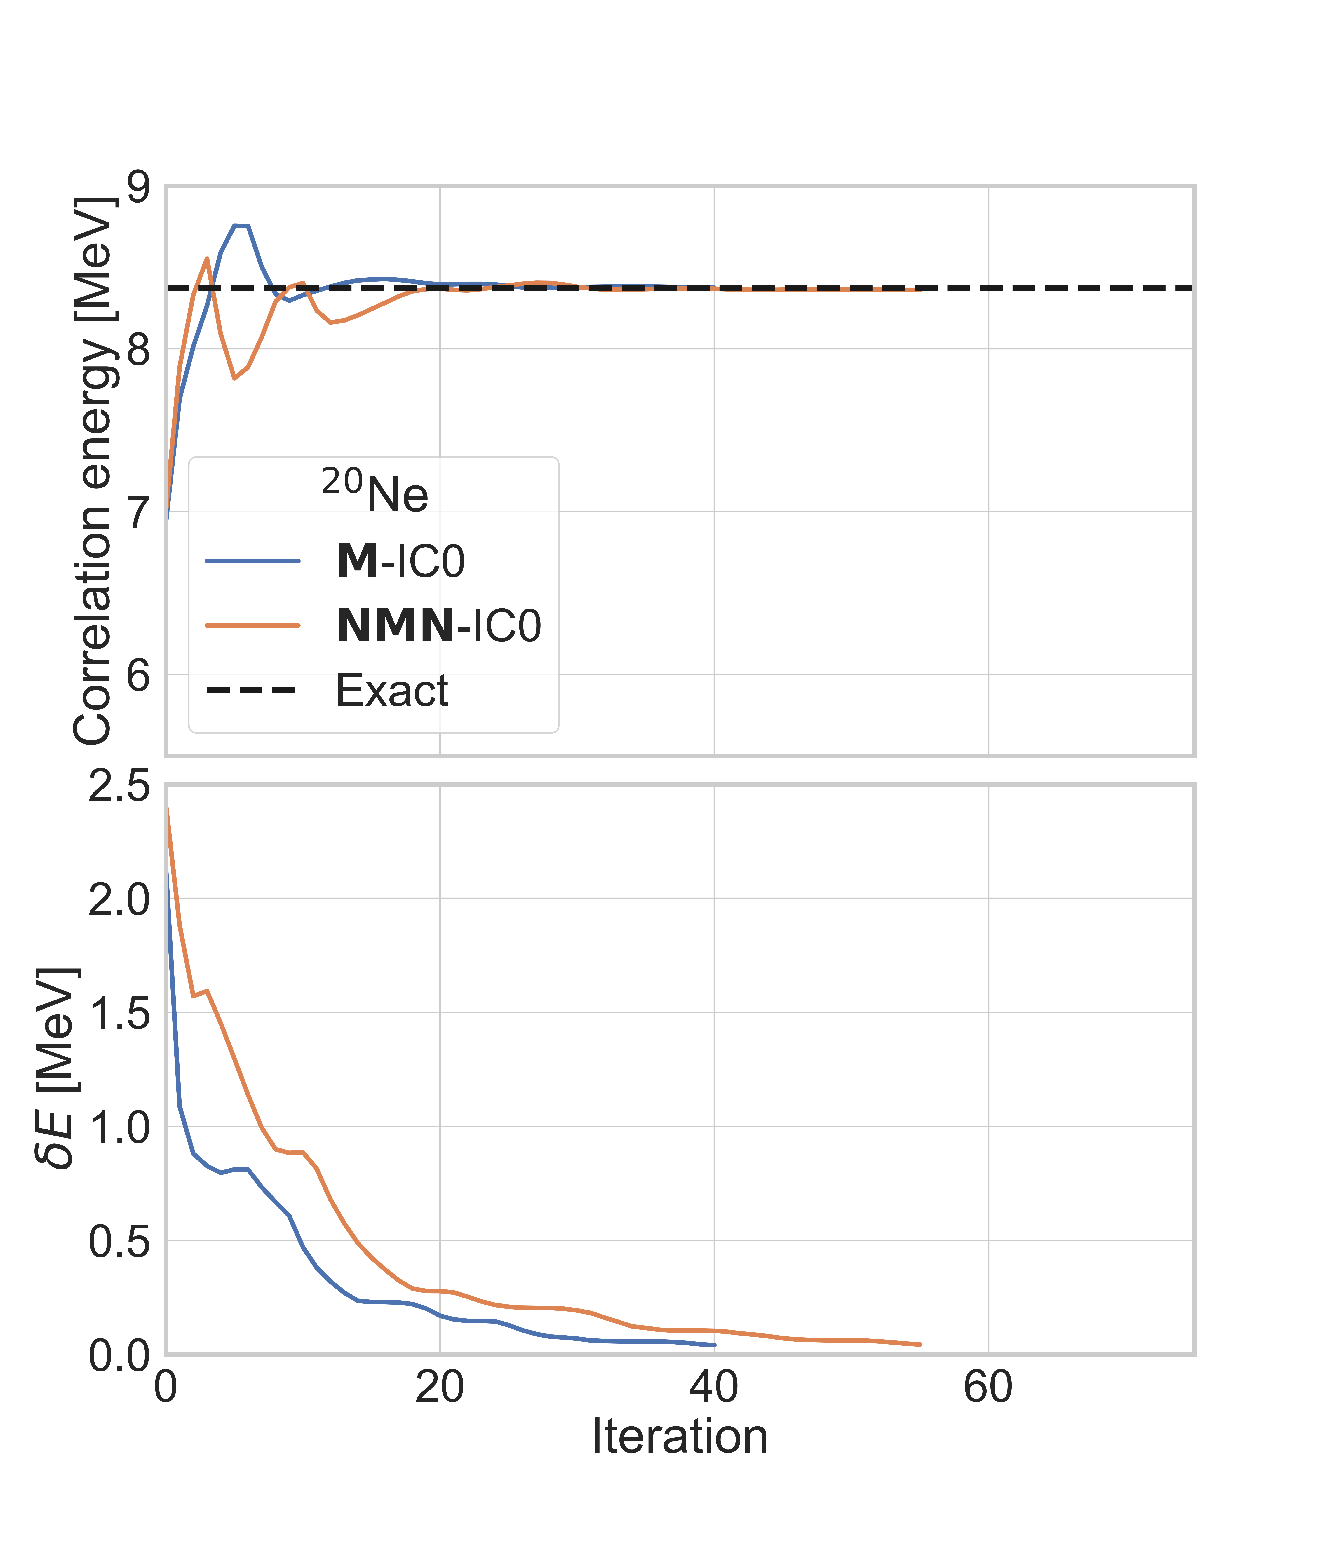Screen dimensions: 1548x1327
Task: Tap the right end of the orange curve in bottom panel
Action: coord(920,1344)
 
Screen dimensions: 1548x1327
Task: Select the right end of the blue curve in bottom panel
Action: coord(714,1345)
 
